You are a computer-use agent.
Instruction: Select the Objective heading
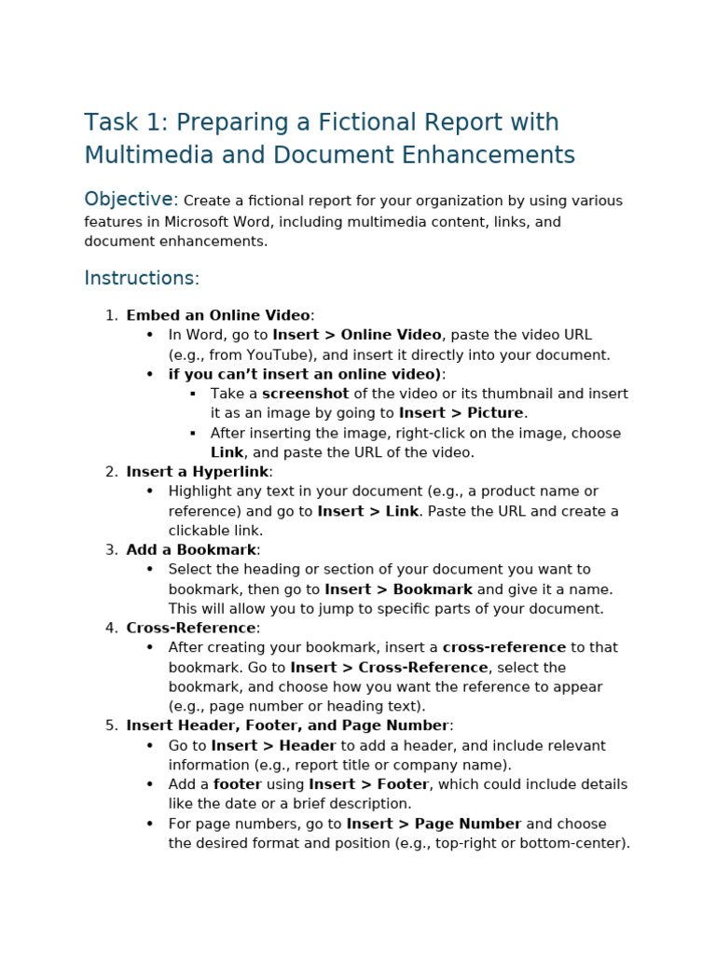128,200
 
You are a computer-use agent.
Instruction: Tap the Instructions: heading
142,279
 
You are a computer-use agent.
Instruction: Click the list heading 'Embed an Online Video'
218,316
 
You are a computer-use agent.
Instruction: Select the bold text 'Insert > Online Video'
356,336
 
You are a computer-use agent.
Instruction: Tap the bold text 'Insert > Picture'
461,413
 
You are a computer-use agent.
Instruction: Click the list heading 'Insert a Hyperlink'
197,473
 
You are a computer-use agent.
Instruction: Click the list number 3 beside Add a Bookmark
111,550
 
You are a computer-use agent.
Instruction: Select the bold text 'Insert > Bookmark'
398,589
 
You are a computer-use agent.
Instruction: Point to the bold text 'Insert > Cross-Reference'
389,668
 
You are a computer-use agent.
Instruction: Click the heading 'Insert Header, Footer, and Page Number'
288,726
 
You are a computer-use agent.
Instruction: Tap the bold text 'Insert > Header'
273,746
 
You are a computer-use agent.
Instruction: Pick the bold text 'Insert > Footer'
368,785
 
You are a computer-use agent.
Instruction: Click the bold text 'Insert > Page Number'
434,824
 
